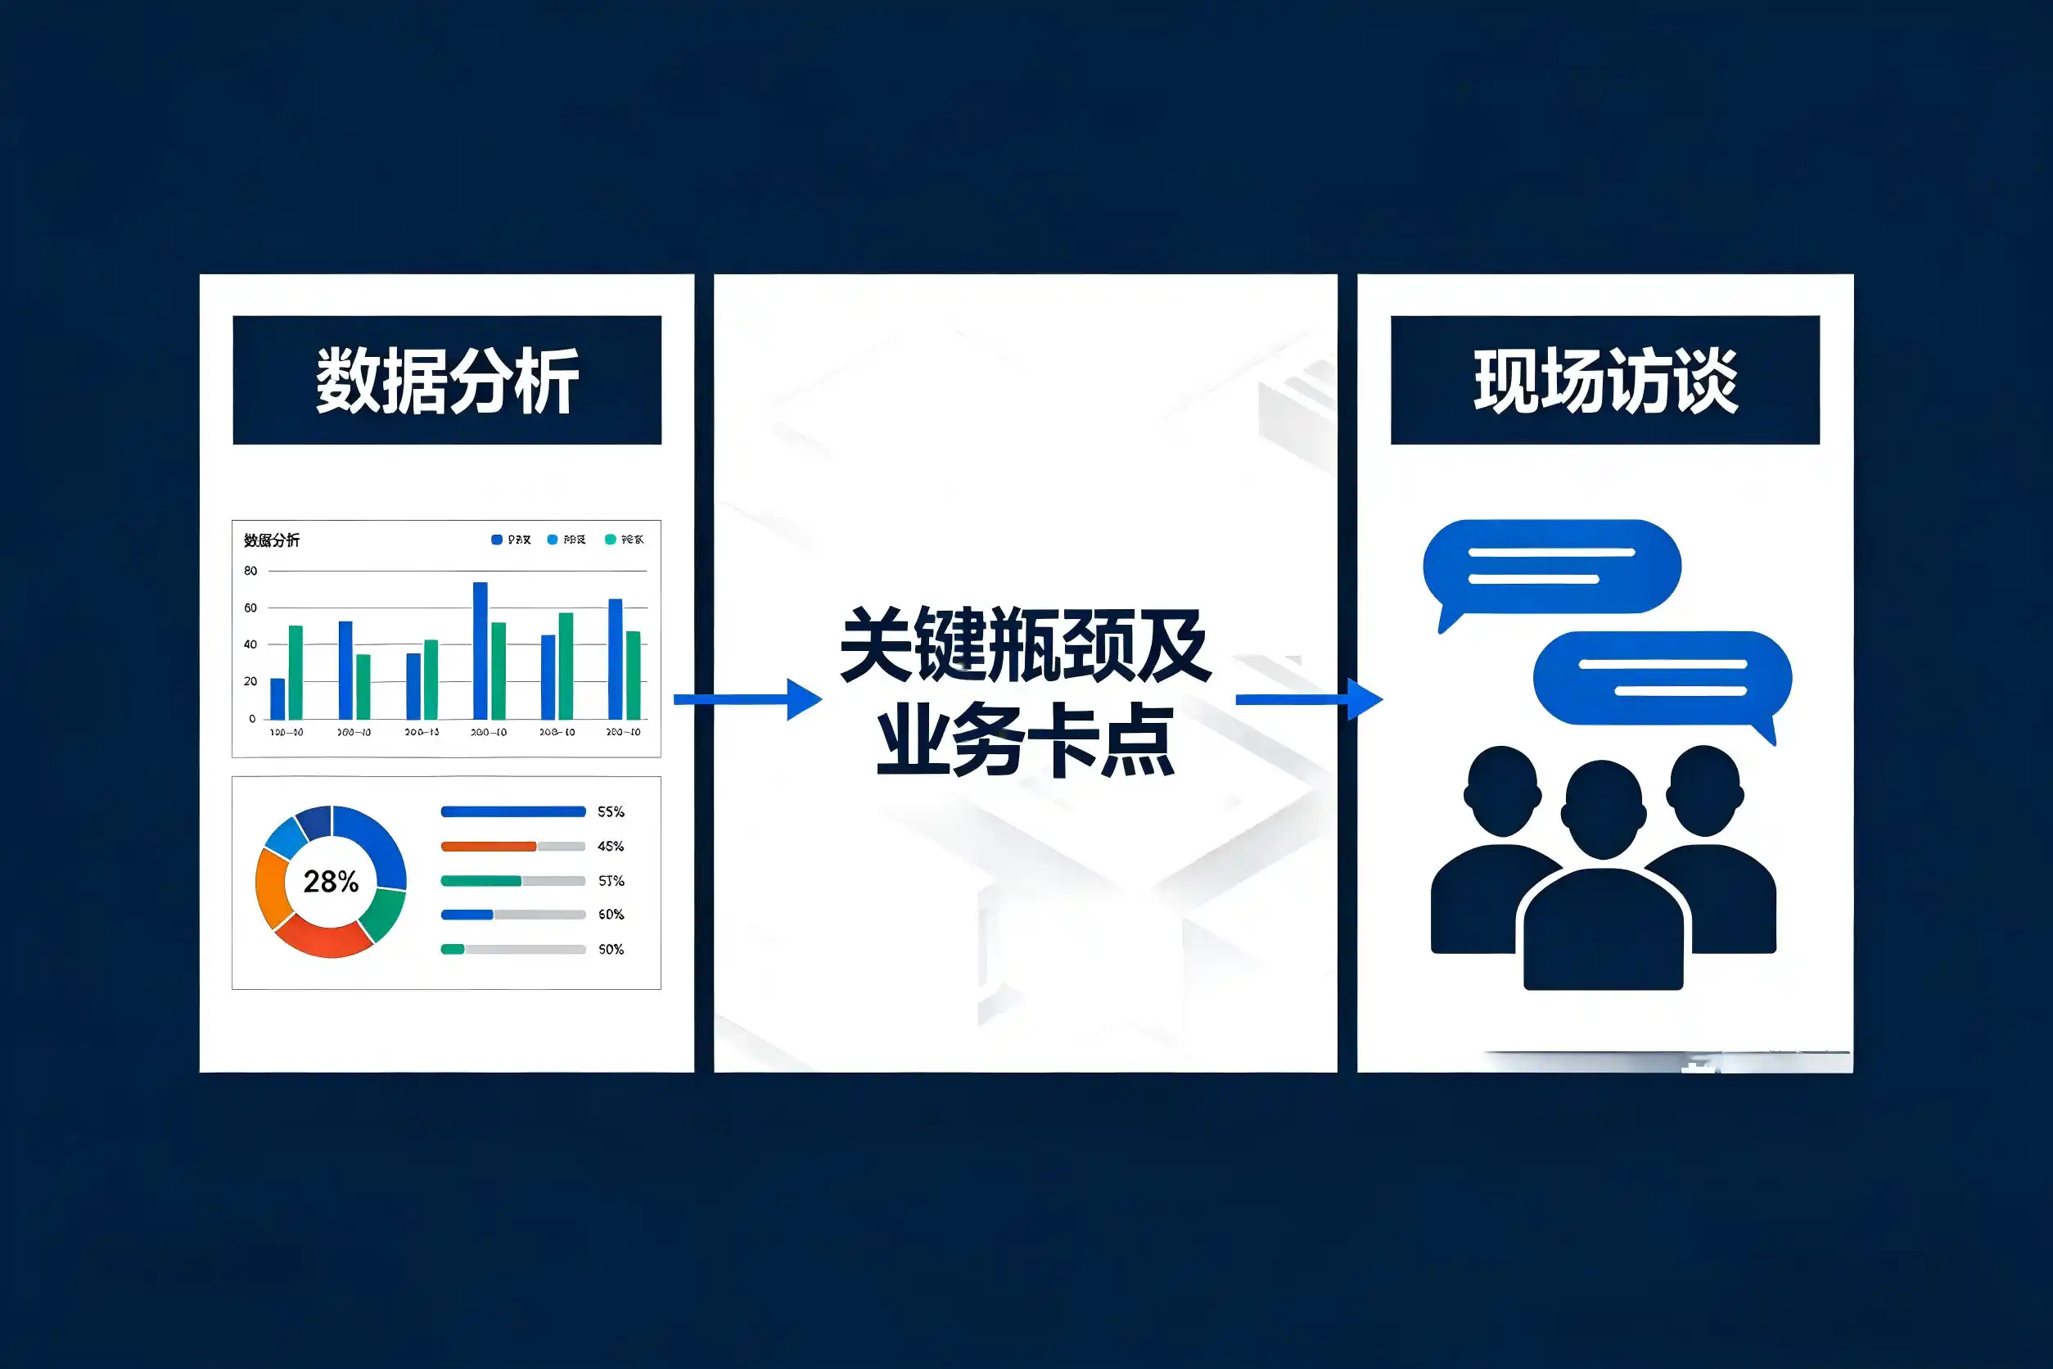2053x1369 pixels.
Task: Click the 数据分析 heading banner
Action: (x=446, y=380)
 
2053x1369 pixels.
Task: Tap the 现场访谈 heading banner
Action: (x=1604, y=380)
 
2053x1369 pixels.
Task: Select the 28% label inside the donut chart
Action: (x=331, y=882)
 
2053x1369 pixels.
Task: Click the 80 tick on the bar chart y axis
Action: (x=250, y=571)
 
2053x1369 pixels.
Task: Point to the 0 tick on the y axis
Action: (x=252, y=719)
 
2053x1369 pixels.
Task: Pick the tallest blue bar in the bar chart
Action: (x=480, y=650)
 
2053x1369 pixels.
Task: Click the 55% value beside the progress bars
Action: (x=611, y=812)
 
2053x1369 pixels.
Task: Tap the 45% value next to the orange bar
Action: (x=611, y=846)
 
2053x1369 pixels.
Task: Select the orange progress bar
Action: (x=488, y=846)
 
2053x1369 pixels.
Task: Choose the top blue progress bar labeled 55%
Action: (x=512, y=812)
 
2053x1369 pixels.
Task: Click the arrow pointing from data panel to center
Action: (x=747, y=699)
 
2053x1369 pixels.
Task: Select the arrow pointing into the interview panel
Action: (x=1308, y=699)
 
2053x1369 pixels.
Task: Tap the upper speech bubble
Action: (x=1551, y=567)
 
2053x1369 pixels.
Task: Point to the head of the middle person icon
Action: (x=1604, y=808)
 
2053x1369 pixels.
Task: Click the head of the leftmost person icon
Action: (x=1502, y=791)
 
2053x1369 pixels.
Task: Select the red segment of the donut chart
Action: (x=324, y=939)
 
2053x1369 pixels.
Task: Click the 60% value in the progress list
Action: (x=611, y=914)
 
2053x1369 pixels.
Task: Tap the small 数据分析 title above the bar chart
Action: (x=272, y=540)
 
